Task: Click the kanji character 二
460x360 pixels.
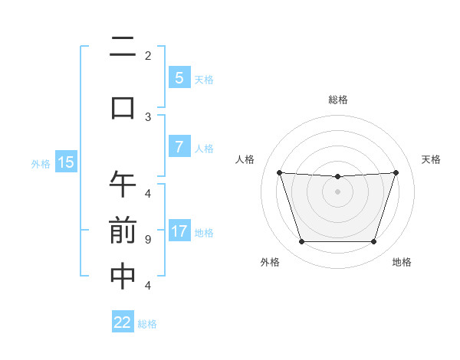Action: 123,51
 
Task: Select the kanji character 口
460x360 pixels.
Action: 123,106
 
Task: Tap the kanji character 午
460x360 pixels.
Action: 123,184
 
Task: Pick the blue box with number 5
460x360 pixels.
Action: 179,77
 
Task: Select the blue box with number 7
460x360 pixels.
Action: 179,147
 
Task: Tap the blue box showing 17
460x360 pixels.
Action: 179,231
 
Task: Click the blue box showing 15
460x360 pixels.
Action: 66,162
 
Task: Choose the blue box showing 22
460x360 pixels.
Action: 123,322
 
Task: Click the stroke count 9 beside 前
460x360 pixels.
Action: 147,240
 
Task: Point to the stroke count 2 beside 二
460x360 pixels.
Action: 147,56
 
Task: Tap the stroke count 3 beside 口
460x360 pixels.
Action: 147,116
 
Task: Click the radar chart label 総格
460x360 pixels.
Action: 337,100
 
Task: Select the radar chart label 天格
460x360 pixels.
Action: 432,159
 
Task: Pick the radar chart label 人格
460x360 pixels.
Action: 245,159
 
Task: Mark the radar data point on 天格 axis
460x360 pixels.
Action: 396,172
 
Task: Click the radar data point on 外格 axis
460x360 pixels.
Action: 301,241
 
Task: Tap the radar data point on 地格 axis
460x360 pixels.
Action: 373,241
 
